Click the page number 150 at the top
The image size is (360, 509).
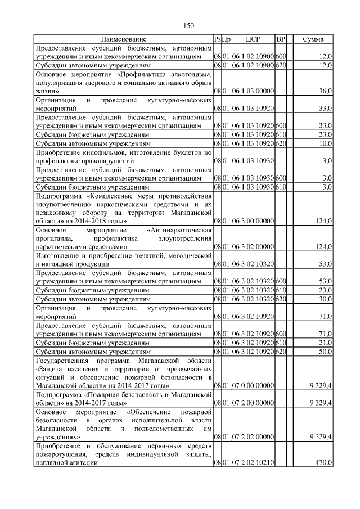[188, 25]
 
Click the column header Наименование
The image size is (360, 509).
[124, 39]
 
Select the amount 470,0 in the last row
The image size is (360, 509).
[324, 463]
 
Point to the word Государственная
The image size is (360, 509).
[62, 360]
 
